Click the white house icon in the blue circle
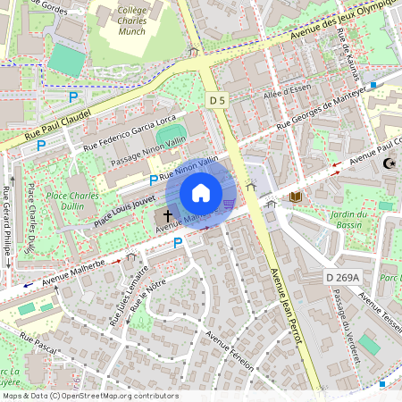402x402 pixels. pos(201,193)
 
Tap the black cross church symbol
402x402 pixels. pos(167,216)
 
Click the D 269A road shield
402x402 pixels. pos(341,278)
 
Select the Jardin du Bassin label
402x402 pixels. pos(349,220)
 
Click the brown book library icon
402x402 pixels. pos(295,196)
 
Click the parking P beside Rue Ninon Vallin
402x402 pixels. pos(154,180)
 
